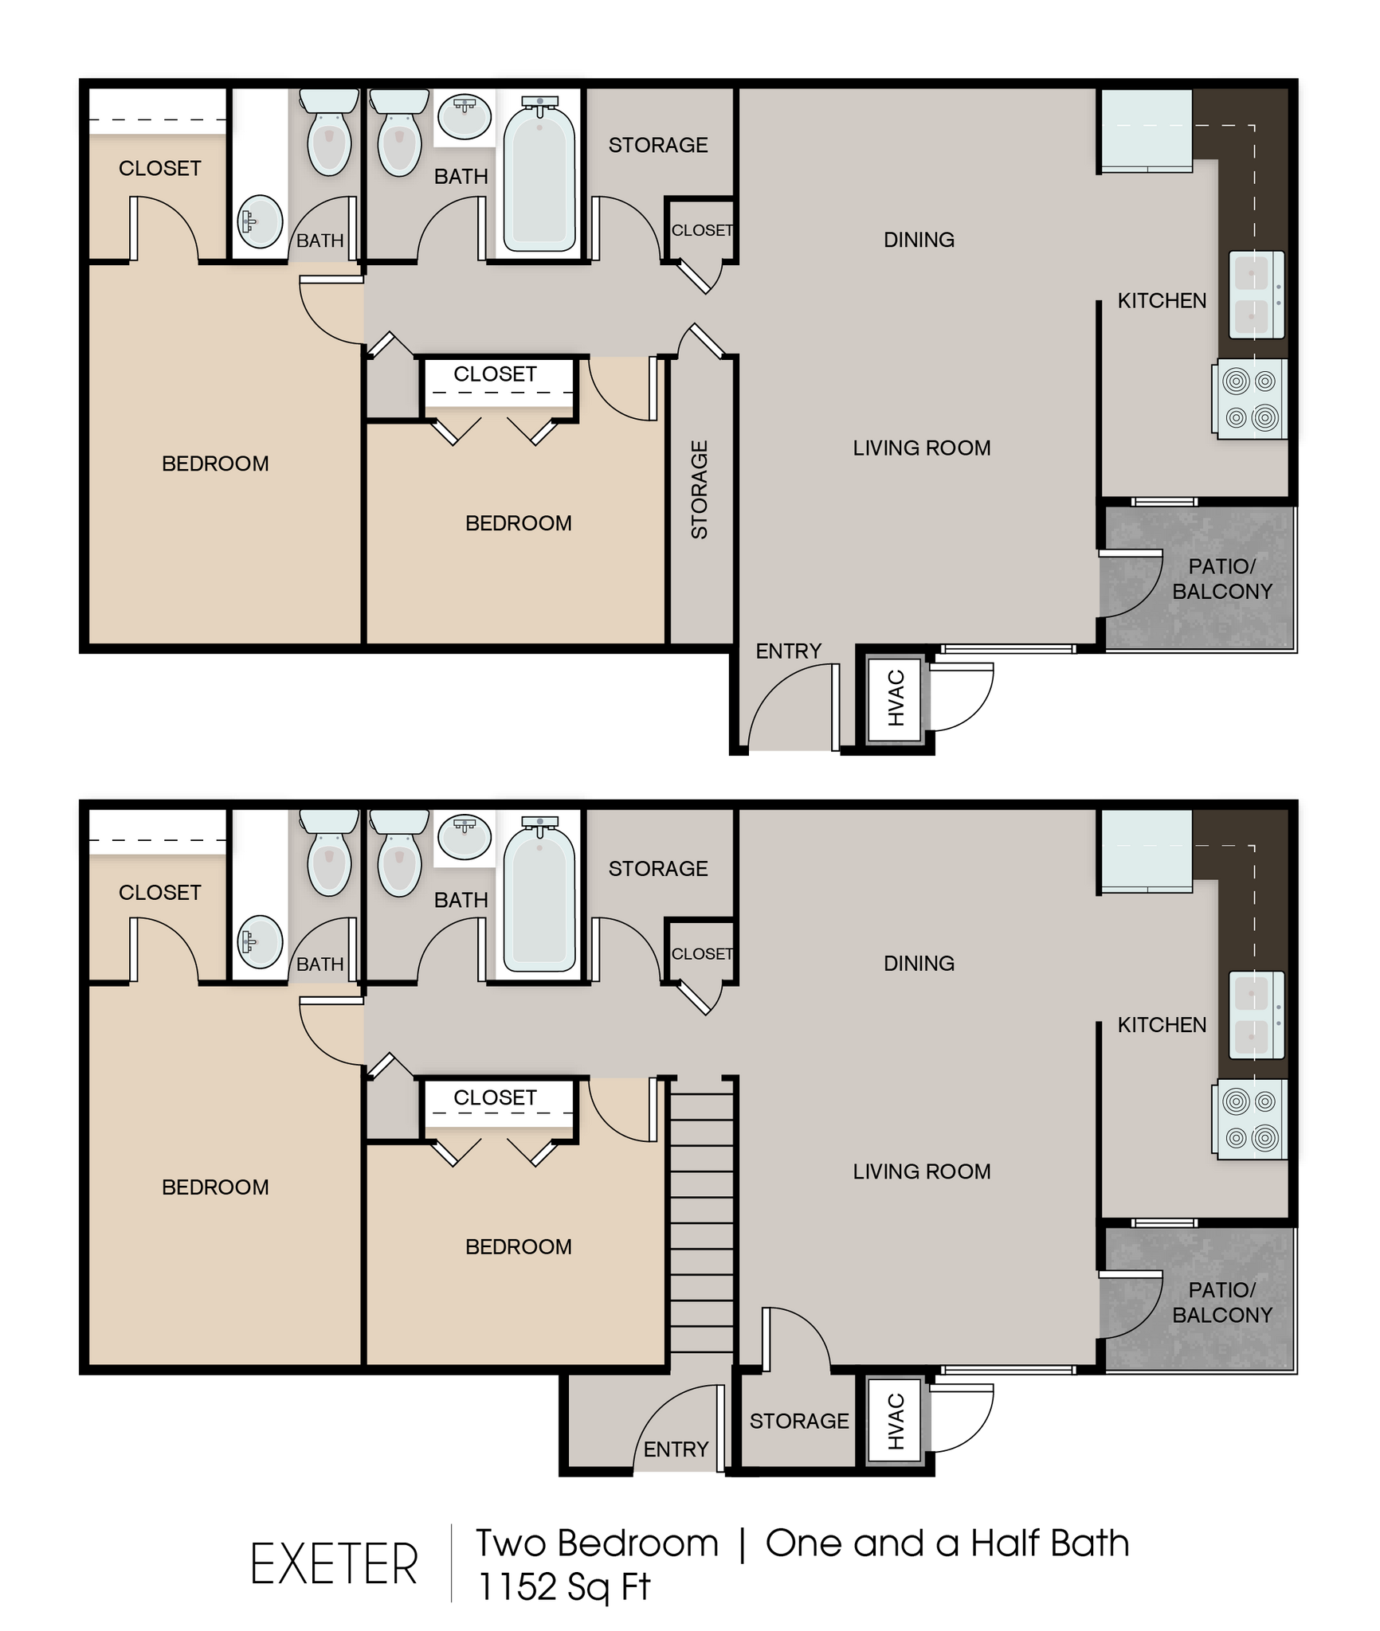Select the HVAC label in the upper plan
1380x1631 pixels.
click(x=896, y=698)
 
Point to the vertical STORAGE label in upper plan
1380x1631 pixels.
click(x=699, y=490)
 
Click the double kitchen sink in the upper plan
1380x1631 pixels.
click(x=1257, y=295)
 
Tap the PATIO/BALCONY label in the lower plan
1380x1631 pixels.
click(x=1221, y=1302)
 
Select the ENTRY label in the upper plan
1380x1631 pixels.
click(x=788, y=651)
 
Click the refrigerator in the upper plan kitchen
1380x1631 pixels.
click(x=1146, y=131)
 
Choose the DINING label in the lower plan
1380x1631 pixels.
click(x=919, y=964)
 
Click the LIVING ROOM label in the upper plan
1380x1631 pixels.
click(x=922, y=448)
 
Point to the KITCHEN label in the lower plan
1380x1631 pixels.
click(x=1162, y=1025)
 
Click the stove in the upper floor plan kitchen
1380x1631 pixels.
click(x=1249, y=399)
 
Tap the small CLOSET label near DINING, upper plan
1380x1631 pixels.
click(x=701, y=230)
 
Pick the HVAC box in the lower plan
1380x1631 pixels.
click(x=896, y=1421)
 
